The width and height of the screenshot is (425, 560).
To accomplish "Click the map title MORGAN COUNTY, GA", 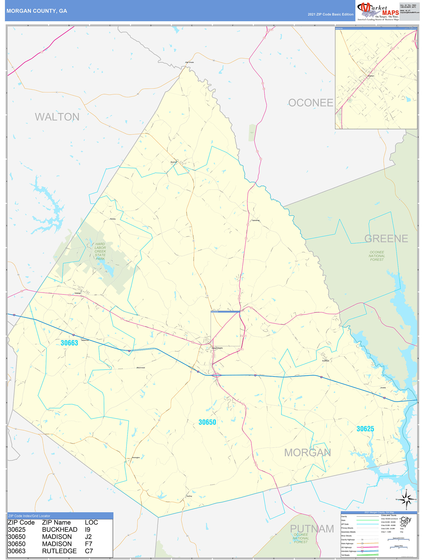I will (37, 11).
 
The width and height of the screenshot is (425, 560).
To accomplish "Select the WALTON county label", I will (57, 117).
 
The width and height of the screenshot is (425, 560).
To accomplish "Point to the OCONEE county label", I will (311, 103).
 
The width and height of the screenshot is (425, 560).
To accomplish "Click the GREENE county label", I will (386, 238).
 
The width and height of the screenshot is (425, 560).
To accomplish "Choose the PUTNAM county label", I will (312, 529).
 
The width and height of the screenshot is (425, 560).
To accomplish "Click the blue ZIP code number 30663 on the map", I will (69, 343).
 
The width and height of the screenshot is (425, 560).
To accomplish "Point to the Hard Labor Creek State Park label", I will (100, 251).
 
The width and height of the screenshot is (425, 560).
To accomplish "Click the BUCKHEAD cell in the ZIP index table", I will (60, 530).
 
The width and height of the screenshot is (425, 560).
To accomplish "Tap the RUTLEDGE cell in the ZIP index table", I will (59, 551).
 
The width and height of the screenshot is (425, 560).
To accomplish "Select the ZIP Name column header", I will (56, 523).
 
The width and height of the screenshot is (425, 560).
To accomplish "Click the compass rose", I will (406, 499).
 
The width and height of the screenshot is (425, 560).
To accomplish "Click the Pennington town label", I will (136, 457).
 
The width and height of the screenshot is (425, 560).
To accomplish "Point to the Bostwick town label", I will (174, 162).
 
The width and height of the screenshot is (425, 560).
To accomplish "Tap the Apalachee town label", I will (256, 220).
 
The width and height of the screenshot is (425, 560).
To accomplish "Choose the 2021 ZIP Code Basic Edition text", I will (330, 14).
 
